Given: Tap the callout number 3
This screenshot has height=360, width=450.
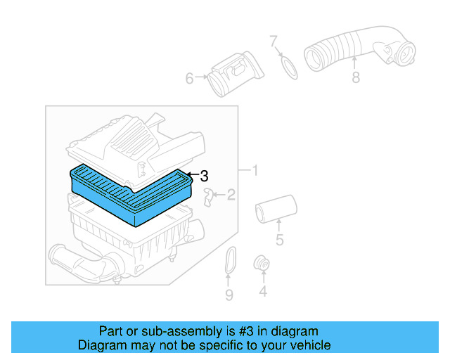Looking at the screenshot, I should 204,176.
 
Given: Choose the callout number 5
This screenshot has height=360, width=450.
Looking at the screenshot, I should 279,241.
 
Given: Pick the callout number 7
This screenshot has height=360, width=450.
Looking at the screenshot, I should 274,41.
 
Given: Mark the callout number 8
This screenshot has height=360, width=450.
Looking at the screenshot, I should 356,78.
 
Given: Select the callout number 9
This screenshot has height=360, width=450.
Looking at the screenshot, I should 229,295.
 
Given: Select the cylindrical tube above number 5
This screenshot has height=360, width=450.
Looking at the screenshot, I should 275,209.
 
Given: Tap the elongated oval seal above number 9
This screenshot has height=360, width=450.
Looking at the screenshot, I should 229,263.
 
